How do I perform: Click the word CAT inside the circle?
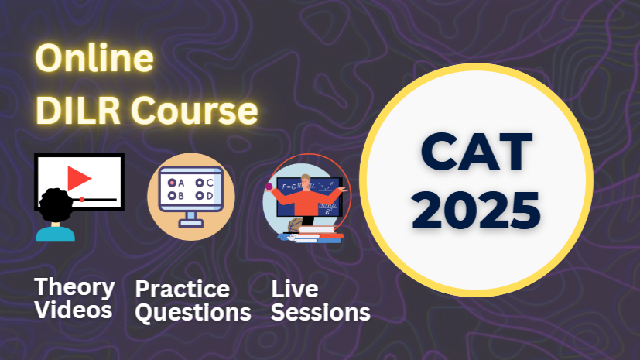click(476, 152)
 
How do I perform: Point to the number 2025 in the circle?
click(476, 207)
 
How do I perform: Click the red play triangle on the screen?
click(77, 179)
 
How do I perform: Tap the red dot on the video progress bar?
click(81, 200)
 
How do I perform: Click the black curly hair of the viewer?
click(56, 206)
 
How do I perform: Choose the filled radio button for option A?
click(171, 183)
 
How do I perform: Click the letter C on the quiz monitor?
click(209, 183)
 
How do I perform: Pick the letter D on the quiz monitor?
click(209, 196)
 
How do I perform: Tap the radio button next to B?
click(171, 196)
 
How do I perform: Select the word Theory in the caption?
click(74, 287)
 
